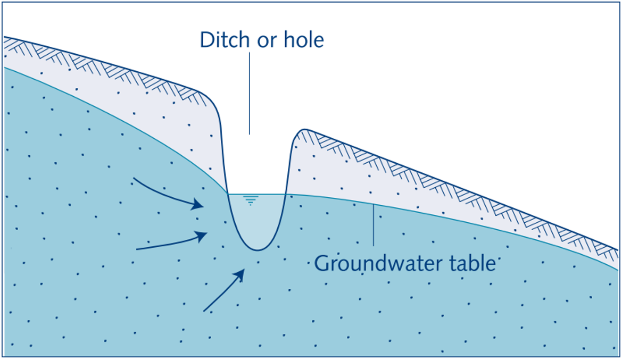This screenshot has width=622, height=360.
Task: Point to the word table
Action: (x=471, y=263)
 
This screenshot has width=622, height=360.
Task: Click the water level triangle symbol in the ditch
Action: (x=251, y=200)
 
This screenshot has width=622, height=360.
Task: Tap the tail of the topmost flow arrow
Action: (x=134, y=178)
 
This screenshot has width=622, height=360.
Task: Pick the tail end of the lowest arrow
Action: (x=204, y=311)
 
